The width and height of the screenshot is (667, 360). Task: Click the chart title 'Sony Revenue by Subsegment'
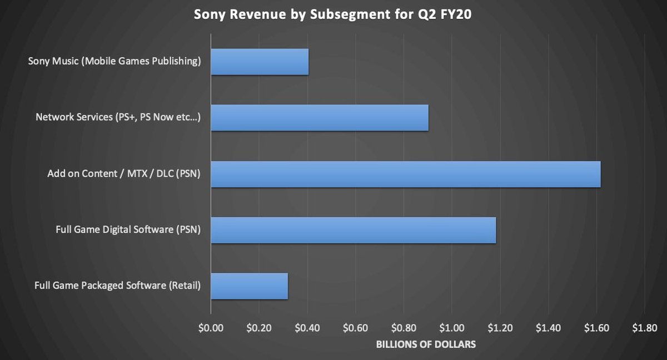tap(333, 15)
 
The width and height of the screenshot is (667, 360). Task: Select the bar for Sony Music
tap(260, 62)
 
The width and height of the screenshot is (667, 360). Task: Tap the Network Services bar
tap(320, 118)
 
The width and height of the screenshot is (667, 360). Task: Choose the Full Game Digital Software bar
tap(354, 230)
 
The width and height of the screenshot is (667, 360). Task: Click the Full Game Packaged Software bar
tap(250, 286)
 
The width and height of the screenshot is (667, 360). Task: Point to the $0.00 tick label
tap(211, 328)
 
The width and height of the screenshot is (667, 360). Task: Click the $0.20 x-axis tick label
tap(259, 328)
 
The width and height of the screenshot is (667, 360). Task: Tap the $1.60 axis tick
tap(596, 328)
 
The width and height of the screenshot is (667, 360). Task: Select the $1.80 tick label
tap(644, 328)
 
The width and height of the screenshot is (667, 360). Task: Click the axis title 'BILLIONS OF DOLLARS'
tap(426, 345)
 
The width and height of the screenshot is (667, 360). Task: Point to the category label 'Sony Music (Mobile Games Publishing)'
tap(115, 61)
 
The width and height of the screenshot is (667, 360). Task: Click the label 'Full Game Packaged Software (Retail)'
tap(117, 286)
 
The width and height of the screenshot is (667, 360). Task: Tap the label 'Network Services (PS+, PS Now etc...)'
tap(118, 117)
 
